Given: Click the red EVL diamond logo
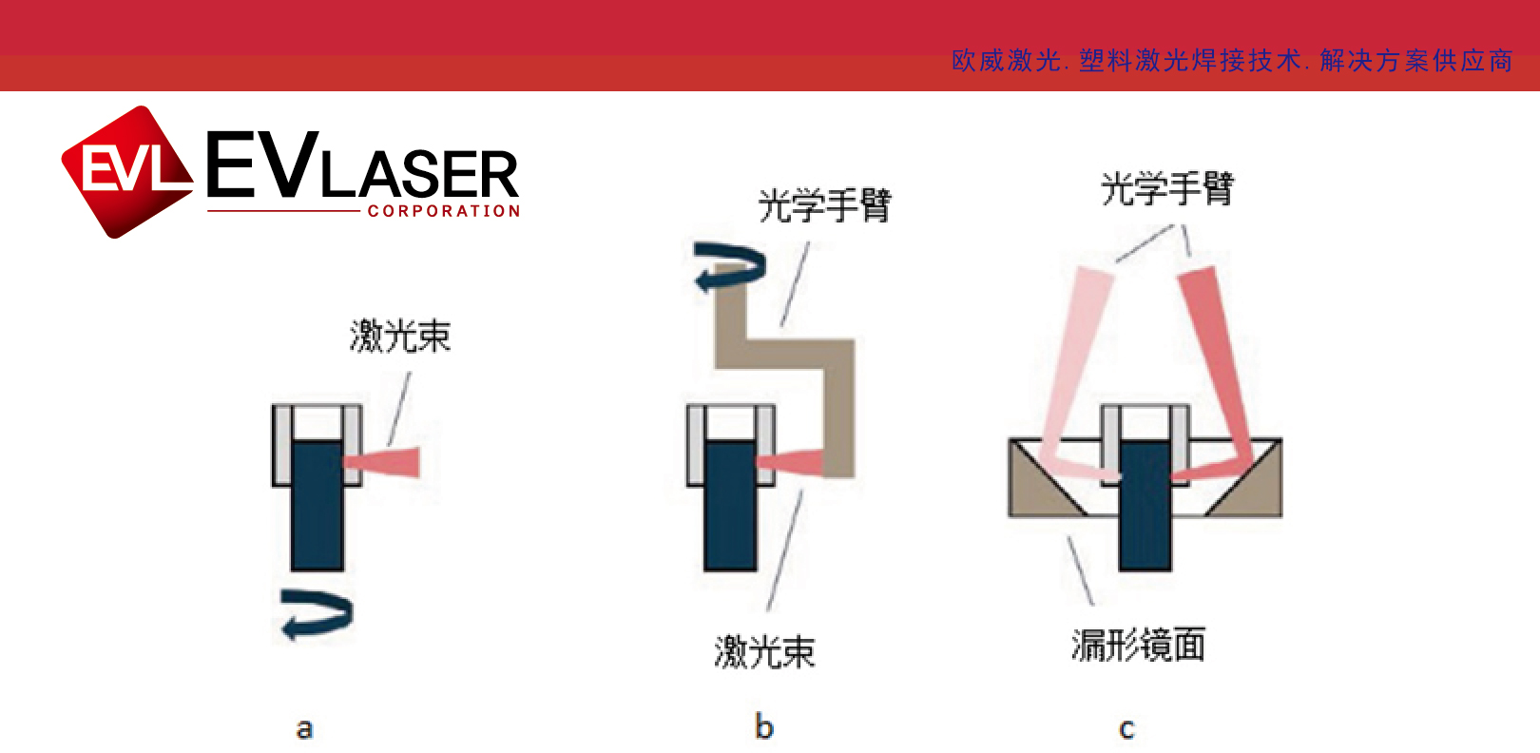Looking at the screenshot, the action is click(x=127, y=172).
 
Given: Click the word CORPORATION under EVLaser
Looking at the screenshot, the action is click(x=443, y=211).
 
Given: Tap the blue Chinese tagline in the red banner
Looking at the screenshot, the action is click(x=1232, y=61).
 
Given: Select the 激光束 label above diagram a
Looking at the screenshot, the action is click(x=400, y=337).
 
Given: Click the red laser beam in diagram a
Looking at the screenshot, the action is click(x=382, y=461).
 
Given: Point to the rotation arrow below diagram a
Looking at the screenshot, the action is click(x=318, y=614).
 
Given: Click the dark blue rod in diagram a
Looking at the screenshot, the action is click(x=317, y=506).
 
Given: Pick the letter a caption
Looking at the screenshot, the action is click(x=304, y=728).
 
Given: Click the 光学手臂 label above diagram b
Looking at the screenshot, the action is click(x=824, y=205).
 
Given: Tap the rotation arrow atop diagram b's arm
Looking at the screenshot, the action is click(x=730, y=267).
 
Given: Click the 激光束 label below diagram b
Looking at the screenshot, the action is click(x=764, y=652).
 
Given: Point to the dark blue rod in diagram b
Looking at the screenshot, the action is click(x=731, y=506).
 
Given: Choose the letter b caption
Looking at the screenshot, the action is click(x=763, y=726).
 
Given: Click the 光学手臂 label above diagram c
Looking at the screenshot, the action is click(x=1167, y=188).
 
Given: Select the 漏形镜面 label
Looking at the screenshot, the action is click(x=1139, y=645).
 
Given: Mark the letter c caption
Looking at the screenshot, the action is click(x=1126, y=728).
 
